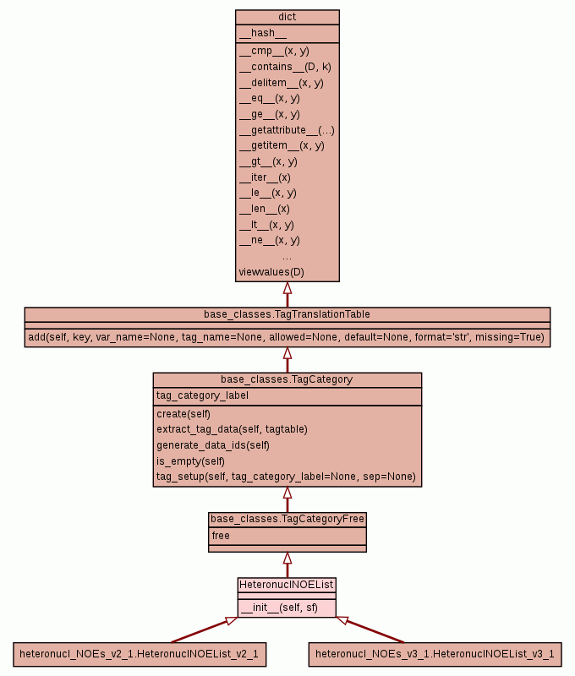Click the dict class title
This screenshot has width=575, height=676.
287,18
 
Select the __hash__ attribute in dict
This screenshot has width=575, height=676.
262,34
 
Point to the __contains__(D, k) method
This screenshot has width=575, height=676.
285,67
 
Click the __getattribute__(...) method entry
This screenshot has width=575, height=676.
287,130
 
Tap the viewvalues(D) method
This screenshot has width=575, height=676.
271,272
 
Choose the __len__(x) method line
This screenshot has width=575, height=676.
265,209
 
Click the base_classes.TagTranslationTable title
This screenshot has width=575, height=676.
287,314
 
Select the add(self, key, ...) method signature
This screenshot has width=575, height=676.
287,338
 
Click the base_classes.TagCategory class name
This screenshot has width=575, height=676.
287,380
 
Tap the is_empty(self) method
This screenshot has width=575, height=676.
190,461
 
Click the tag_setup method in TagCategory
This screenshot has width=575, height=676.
286,477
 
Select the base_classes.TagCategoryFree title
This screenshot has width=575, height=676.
287,519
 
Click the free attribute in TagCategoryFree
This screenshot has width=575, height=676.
221,536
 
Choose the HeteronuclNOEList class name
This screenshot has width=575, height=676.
287,585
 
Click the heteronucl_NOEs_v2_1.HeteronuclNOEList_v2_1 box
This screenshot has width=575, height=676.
139,654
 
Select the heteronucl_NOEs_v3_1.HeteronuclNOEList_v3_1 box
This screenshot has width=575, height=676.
435,654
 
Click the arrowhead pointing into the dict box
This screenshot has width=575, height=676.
287,288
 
